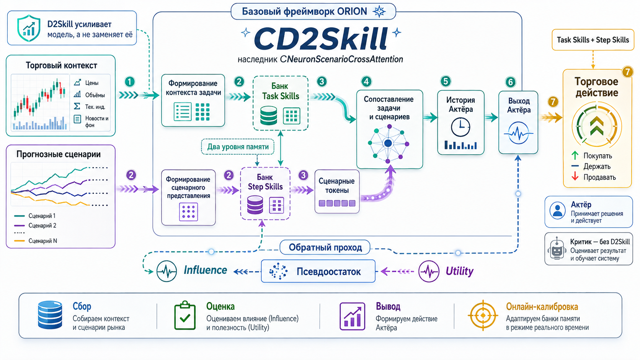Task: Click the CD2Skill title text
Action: pos(321,39)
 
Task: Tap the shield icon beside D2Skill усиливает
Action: pos(28,28)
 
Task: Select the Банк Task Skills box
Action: pos(281,103)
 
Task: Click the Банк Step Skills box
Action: pos(265,194)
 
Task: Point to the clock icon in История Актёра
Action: pos(460,127)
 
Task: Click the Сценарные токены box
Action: pos(337,192)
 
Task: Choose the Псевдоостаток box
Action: pos(318,271)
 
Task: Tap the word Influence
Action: pos(205,270)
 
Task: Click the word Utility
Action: pos(459,271)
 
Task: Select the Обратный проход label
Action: pos(325,247)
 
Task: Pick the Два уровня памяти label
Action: pos(238,147)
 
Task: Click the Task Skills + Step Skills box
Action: pos(593,40)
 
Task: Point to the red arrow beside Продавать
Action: pos(575,177)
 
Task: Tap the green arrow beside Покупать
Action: pos(575,156)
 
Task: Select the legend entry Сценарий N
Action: pos(36,241)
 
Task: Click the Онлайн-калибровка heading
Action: pos(542,307)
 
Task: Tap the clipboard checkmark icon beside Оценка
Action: pos(185,316)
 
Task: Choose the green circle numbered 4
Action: pos(366,81)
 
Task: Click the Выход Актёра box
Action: pos(518,122)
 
